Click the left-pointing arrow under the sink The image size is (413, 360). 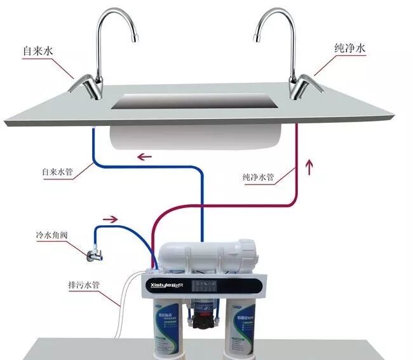pyautogui.click(x=146, y=157)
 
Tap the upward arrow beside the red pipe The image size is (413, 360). pyautogui.click(x=310, y=168)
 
